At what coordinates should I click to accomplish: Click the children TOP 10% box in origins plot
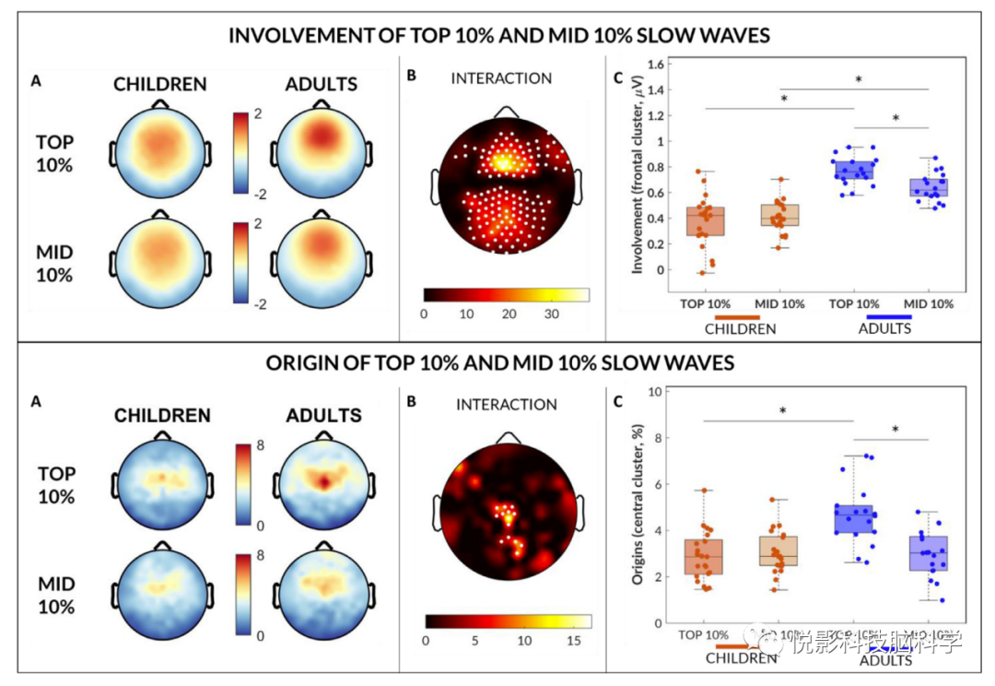(x=705, y=557)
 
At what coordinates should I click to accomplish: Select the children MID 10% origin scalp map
(x=161, y=591)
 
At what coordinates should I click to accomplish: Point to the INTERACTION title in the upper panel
(x=501, y=78)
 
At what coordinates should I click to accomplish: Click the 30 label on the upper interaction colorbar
(x=550, y=313)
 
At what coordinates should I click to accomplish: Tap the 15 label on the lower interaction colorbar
(x=573, y=640)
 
